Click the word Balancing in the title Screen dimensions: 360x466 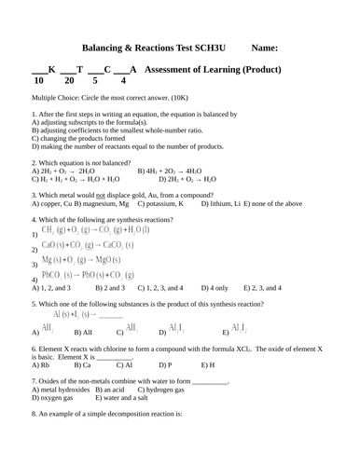coord(109,48)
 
